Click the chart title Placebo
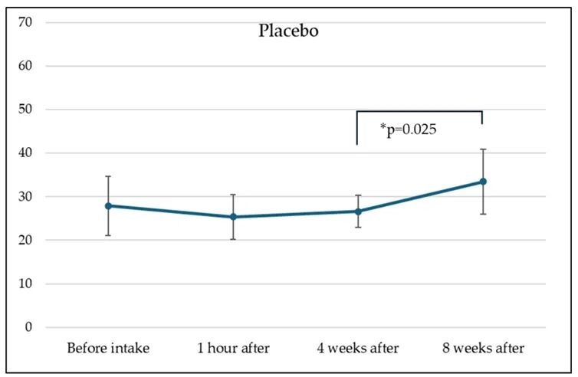(288, 31)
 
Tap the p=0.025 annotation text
(408, 129)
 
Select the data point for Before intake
(108, 206)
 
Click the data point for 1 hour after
(233, 217)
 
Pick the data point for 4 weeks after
(358, 211)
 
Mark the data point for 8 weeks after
(483, 182)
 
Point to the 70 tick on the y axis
(25, 22)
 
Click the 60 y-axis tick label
(25, 66)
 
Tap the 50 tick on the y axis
(25, 110)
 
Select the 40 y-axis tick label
(25, 153)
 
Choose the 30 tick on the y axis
(25, 196)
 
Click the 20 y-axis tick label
(25, 240)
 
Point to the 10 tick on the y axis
(25, 284)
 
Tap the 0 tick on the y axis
(28, 327)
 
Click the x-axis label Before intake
(108, 348)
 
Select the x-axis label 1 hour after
(233, 348)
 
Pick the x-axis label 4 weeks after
(358, 348)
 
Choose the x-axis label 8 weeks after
(483, 348)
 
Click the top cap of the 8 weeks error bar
(483, 149)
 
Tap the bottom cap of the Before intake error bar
(108, 235)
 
